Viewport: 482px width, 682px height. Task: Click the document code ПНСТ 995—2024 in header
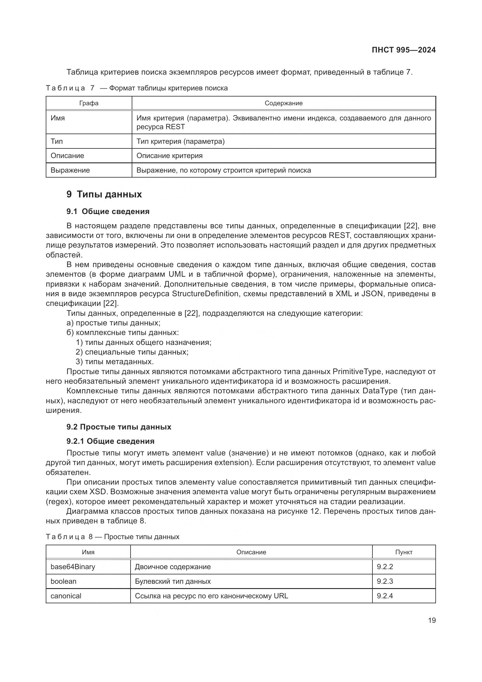click(x=403, y=50)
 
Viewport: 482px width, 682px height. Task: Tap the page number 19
click(x=432, y=620)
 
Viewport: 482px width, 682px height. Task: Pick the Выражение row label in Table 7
click(x=70, y=170)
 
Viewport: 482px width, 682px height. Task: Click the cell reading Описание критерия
click(x=170, y=156)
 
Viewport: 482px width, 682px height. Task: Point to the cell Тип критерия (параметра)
click(x=180, y=141)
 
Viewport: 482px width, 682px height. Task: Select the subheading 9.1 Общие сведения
click(x=108, y=211)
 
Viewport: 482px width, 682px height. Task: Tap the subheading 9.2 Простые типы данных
click(x=119, y=427)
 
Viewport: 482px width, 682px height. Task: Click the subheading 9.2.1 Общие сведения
click(x=110, y=441)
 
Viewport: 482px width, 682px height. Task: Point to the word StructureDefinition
click(x=205, y=294)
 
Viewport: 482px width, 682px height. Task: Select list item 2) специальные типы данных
click(x=132, y=352)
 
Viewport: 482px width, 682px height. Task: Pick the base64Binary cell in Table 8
click(x=73, y=567)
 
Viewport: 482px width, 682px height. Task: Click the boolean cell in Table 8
click(x=64, y=581)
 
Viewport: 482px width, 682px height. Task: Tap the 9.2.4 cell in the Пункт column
click(x=385, y=596)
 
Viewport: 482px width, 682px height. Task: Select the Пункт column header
click(x=404, y=552)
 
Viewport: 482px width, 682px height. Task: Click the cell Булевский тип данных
click(x=173, y=581)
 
